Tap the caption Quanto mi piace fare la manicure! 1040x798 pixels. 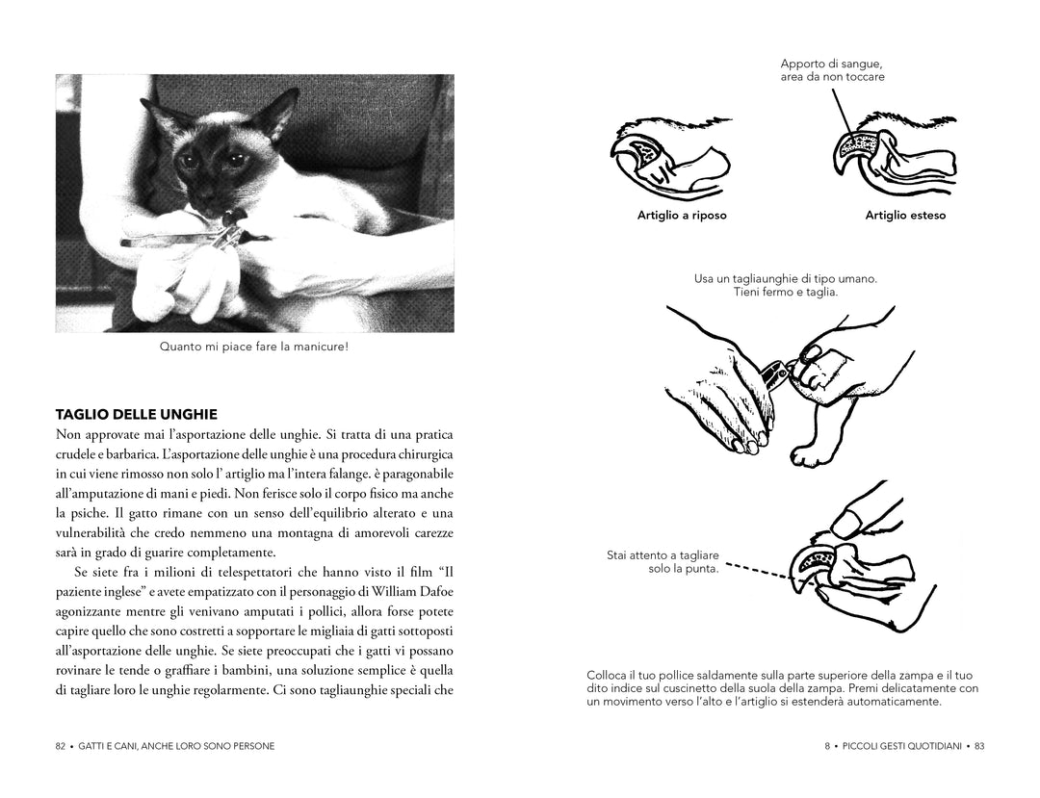[x=254, y=347]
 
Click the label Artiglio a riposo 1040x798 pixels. [x=682, y=216]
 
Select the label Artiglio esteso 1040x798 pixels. [x=905, y=216]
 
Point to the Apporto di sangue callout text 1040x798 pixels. [x=832, y=70]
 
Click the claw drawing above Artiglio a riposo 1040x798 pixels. [x=667, y=159]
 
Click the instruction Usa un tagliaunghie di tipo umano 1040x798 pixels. [x=786, y=279]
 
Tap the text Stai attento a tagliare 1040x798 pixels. [x=663, y=555]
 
